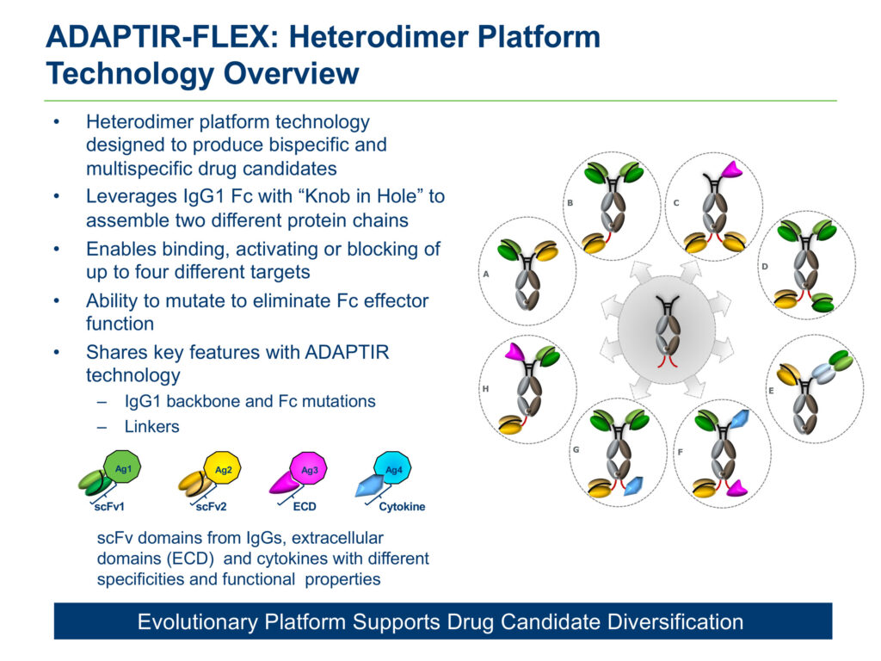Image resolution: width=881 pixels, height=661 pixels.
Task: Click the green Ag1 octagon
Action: click(122, 467)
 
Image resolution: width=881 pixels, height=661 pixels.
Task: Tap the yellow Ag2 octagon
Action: click(223, 469)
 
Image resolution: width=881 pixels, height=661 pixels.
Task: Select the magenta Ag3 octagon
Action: click(309, 469)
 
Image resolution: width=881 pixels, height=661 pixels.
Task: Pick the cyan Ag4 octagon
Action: click(392, 469)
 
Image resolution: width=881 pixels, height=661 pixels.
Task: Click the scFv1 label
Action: click(109, 506)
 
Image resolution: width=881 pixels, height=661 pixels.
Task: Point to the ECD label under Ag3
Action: click(305, 506)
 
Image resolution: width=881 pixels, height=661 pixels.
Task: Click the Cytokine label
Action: click(402, 506)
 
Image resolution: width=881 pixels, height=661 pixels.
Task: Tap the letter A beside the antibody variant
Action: click(486, 275)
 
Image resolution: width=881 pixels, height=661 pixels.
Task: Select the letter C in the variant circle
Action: click(676, 203)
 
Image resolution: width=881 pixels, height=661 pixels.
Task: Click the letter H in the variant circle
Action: click(485, 388)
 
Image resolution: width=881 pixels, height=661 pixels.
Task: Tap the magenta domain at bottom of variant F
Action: click(736, 488)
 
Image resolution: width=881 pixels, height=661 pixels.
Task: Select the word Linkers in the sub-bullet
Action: click(151, 427)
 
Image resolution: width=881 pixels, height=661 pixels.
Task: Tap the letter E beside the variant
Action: click(771, 391)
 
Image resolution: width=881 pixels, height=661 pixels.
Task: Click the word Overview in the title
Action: click(292, 74)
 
